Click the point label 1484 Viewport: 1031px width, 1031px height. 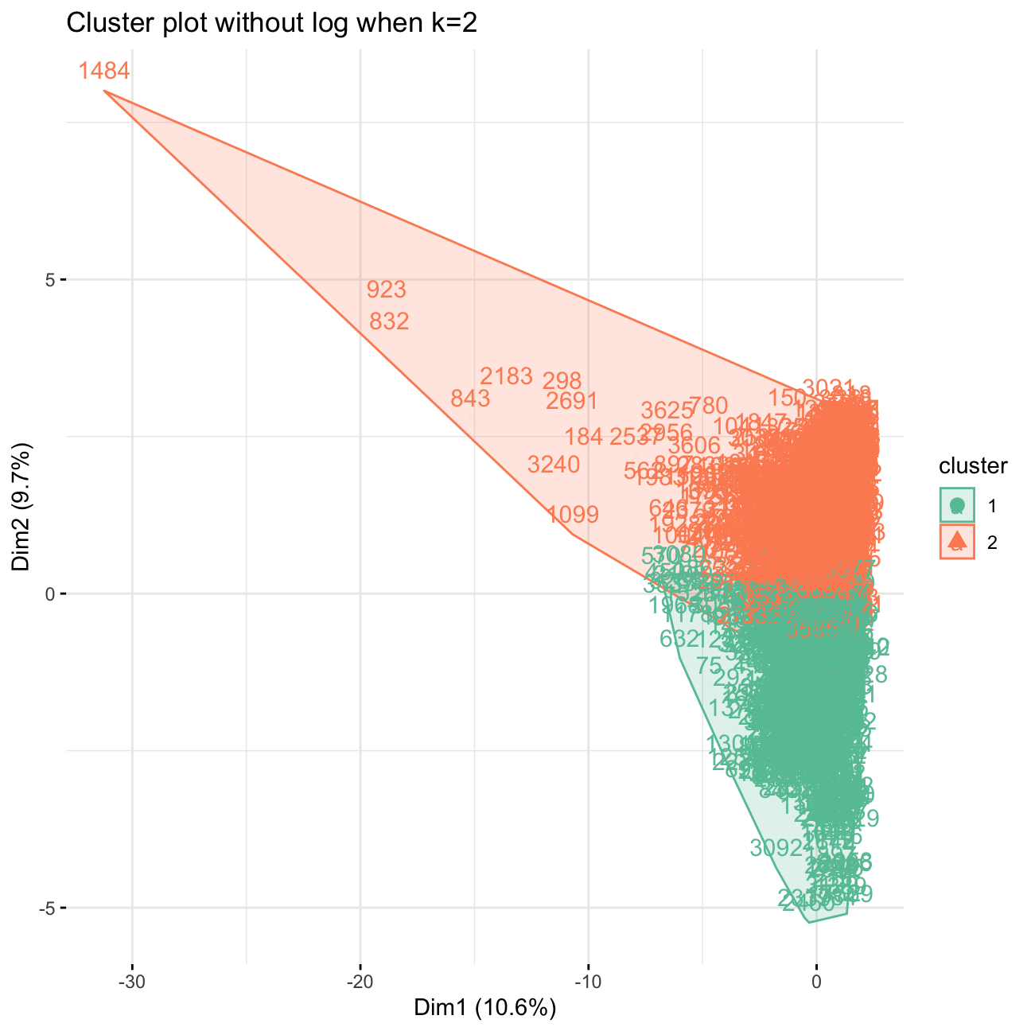103,72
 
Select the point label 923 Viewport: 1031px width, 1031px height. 387,290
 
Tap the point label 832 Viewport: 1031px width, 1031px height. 390,321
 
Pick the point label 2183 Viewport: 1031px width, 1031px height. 506,376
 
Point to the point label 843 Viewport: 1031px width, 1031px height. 470,399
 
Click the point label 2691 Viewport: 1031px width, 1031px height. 571,401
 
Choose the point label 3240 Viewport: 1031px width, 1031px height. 554,464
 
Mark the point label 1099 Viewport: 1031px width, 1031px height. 573,515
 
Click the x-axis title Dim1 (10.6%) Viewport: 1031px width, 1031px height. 484,1008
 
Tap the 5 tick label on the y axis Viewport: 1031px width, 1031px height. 49,280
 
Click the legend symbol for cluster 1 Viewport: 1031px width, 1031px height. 957,505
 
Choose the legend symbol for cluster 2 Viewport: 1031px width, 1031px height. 957,542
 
